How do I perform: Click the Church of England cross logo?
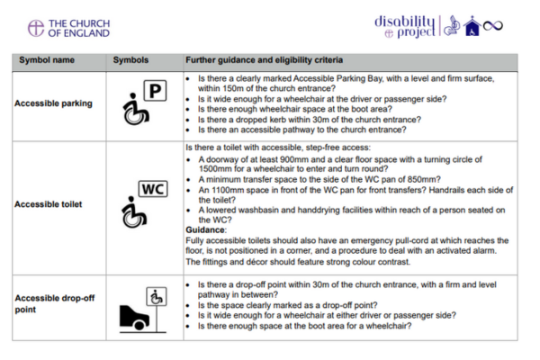[x=36, y=28]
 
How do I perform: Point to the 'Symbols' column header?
[x=131, y=60]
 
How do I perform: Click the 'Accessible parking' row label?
[x=53, y=103]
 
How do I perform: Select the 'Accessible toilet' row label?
[x=49, y=203]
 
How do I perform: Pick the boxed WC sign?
[x=152, y=191]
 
